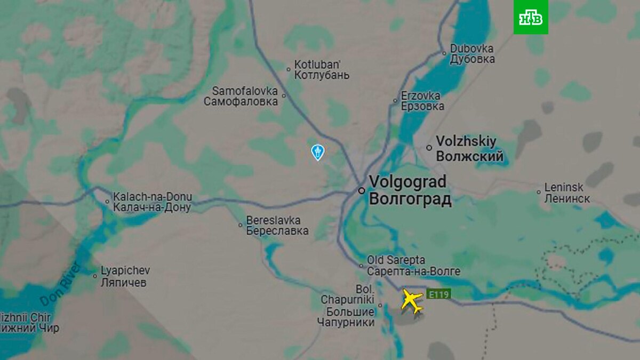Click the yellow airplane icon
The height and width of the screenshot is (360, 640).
412,301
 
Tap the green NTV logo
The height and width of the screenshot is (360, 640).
531,17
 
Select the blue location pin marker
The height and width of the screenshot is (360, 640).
317,152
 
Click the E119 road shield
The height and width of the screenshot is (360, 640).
438,294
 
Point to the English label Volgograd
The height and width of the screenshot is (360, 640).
407,182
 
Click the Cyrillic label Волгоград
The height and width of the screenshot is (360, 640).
410,199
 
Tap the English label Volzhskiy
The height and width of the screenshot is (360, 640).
466,141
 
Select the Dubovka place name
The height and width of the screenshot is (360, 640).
472,48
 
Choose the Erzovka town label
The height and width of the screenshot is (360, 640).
421,95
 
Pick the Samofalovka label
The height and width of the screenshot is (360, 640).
245,91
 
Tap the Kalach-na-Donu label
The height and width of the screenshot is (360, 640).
153,197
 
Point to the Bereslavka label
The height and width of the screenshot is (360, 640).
273,220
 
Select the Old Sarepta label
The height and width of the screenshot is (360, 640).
396,260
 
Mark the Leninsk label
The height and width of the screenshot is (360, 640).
564,188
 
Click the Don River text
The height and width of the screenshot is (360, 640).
60,284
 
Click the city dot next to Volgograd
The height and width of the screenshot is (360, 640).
362,190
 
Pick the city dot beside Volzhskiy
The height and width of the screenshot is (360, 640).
429,148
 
